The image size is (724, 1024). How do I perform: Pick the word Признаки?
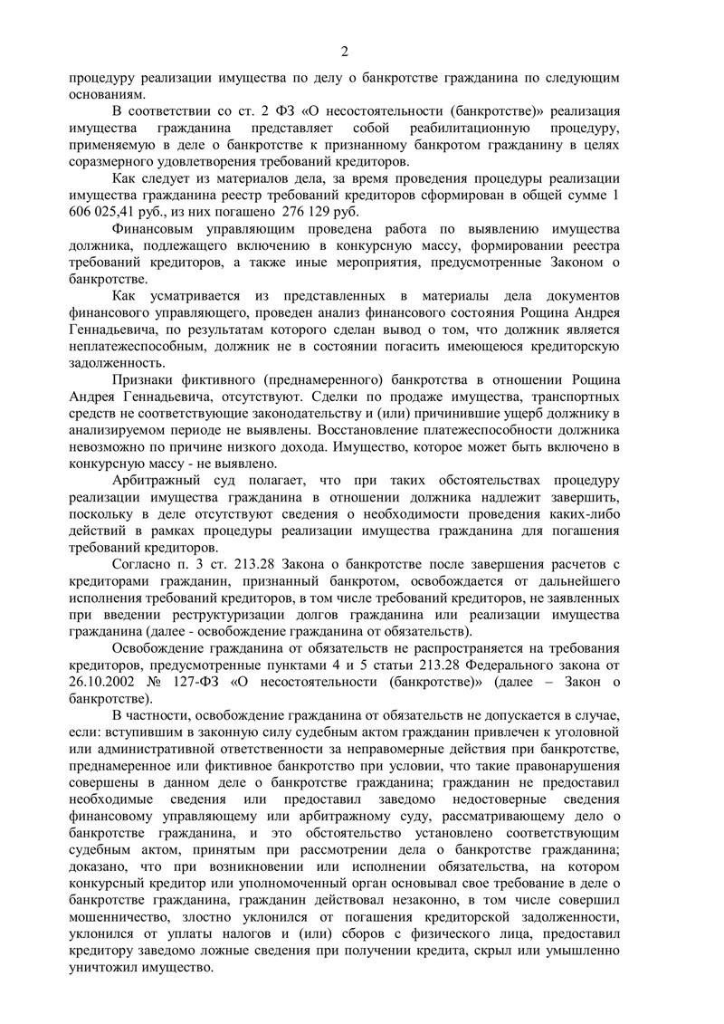[143, 381]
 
